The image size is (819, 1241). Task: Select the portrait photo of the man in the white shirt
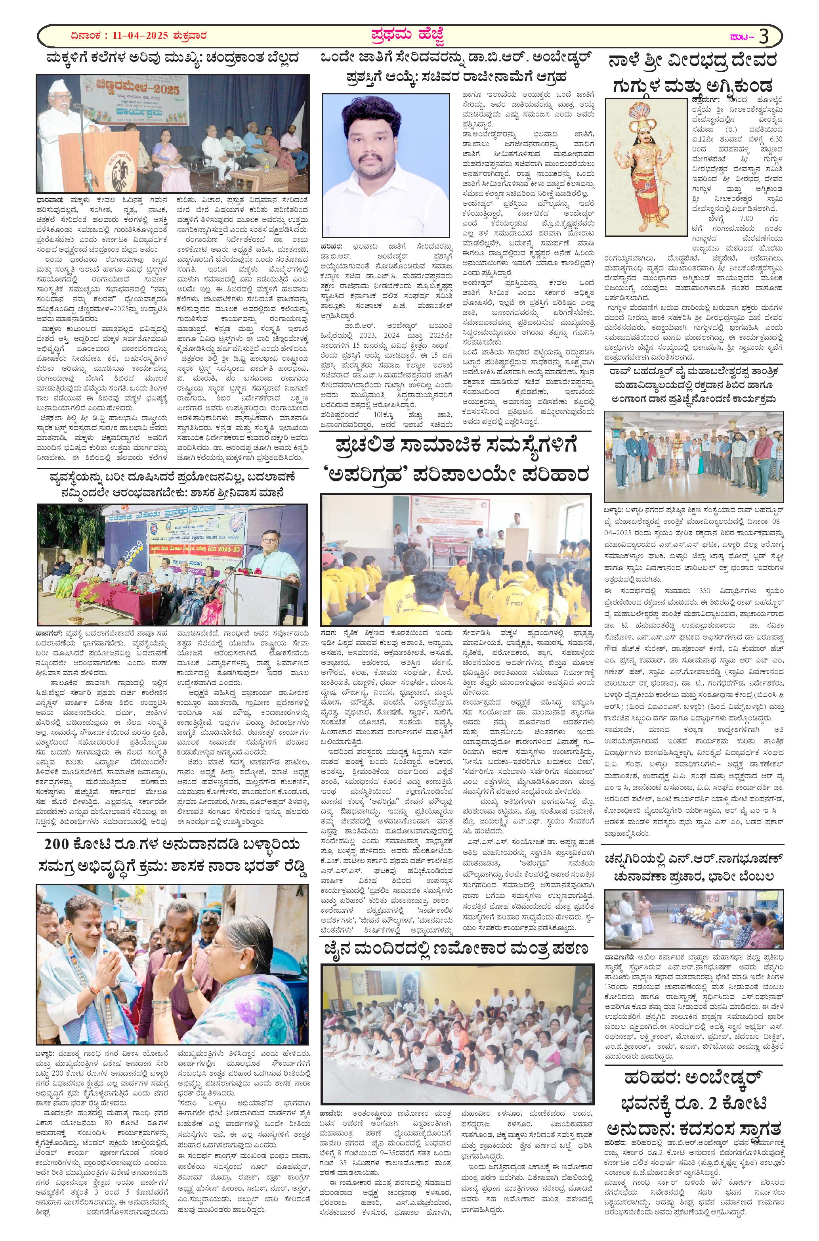[386, 167]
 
